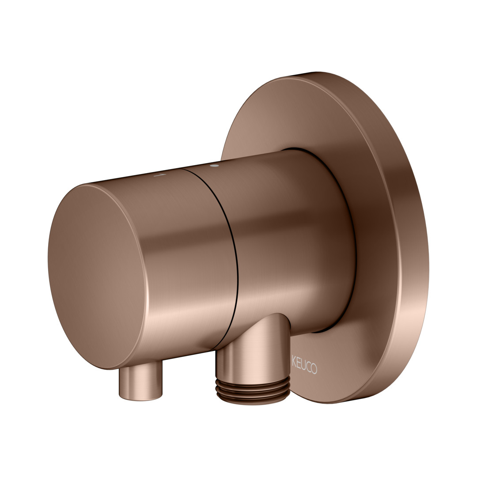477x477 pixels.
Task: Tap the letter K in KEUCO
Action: tap(294, 360)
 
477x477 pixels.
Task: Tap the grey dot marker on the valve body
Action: tap(215, 166)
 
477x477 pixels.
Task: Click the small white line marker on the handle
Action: tap(159, 175)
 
